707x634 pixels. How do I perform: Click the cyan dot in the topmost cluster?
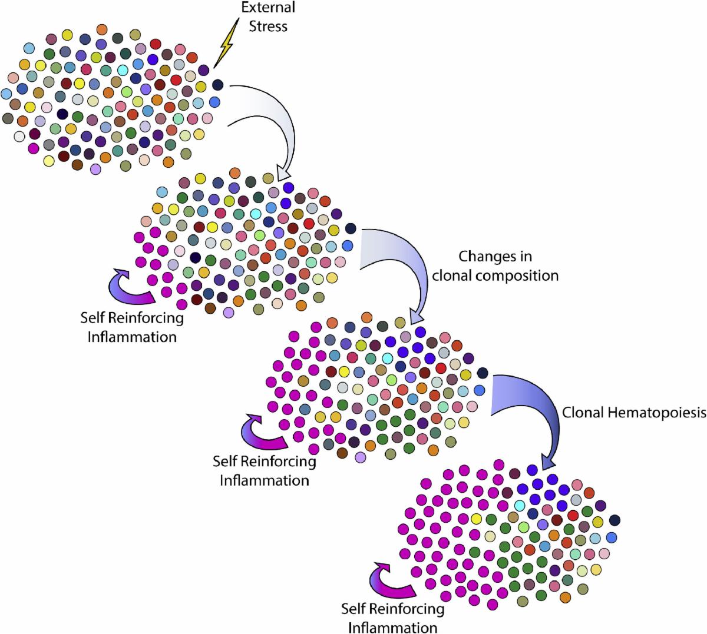click(123, 71)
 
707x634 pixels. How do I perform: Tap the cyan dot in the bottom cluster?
click(520, 506)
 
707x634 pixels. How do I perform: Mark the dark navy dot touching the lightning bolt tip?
click(217, 85)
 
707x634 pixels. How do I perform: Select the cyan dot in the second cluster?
click(256, 213)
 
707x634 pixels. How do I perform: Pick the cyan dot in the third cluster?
click(387, 358)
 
